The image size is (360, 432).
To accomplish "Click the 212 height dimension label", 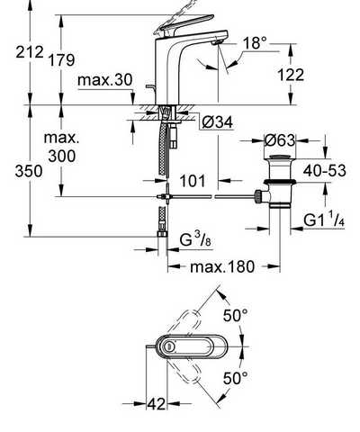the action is [x=30, y=52].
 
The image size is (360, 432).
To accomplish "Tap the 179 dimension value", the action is [x=61, y=60].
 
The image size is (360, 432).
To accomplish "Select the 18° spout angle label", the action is [x=255, y=43].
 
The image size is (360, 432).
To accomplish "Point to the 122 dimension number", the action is [x=291, y=75].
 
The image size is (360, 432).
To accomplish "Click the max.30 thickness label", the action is [x=104, y=80].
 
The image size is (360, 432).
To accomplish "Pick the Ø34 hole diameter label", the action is [x=217, y=122].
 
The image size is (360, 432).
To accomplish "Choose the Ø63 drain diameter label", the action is [x=280, y=140].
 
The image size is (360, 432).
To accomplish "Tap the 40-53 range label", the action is [x=324, y=171].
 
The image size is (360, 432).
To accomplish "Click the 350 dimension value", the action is [x=29, y=172].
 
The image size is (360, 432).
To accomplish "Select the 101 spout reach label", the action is [x=193, y=181].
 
